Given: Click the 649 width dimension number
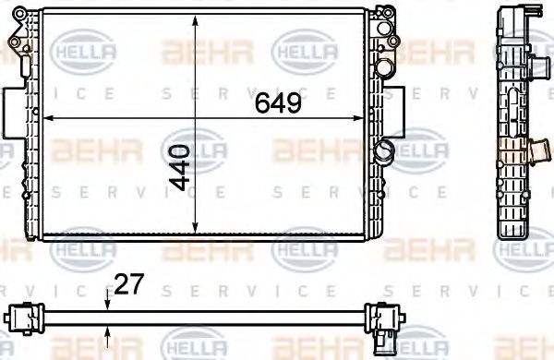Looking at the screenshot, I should tap(278, 103).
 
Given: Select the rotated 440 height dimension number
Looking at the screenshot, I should tap(181, 167).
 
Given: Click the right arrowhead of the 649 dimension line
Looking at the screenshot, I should tap(365, 118).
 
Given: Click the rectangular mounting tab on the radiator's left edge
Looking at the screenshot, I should tap(10, 111).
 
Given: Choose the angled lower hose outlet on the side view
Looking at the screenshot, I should tap(537, 148).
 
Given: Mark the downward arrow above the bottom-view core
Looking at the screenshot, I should tap(108, 300).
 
